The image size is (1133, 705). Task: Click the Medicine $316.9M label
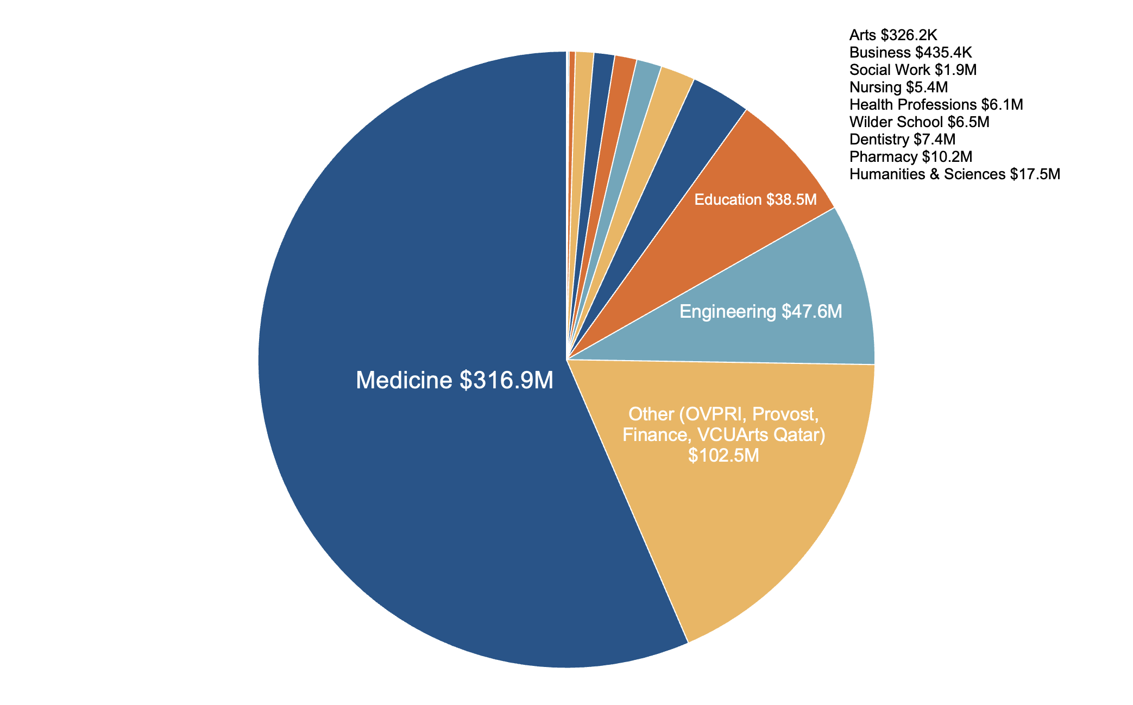[455, 380]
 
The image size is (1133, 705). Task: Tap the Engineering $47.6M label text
[760, 312]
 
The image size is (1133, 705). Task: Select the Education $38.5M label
[756, 200]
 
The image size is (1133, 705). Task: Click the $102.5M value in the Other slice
[723, 455]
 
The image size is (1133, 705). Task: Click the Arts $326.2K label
[893, 35]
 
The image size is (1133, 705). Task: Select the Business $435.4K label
[910, 53]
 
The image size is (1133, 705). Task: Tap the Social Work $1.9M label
[912, 70]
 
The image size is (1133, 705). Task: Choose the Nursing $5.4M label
[898, 87]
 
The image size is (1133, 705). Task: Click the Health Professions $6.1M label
[936, 104]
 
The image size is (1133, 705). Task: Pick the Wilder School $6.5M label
[919, 122]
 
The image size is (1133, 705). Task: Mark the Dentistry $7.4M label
[902, 140]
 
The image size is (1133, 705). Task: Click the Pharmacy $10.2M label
[910, 157]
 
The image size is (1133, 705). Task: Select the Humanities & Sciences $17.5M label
[954, 174]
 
